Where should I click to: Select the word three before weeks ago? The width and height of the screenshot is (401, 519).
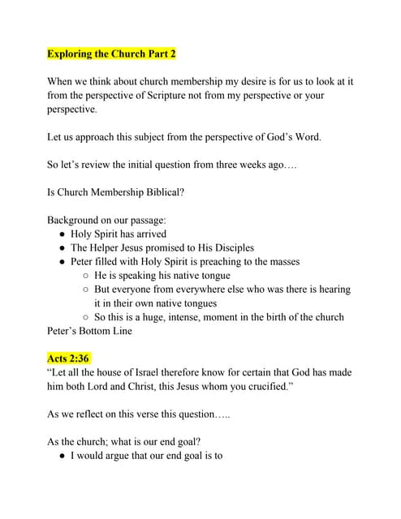pyautogui.click(x=213, y=165)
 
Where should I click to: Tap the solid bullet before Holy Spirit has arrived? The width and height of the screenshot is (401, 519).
pyautogui.click(x=63, y=234)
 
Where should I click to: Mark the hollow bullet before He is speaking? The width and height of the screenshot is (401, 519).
pyautogui.click(x=85, y=276)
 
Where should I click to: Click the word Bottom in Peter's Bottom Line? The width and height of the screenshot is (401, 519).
pyautogui.click(x=101, y=331)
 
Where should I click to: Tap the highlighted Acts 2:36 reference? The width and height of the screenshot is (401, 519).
pyautogui.click(x=68, y=358)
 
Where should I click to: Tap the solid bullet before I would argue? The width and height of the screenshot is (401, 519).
pyautogui.click(x=63, y=456)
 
